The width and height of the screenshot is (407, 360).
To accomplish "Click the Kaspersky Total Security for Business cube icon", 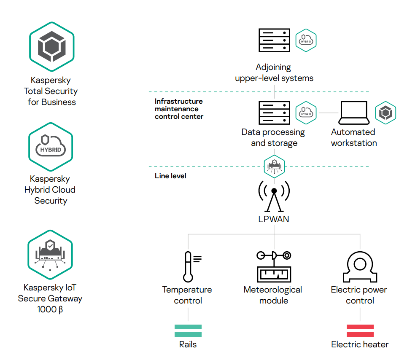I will [x=51, y=47].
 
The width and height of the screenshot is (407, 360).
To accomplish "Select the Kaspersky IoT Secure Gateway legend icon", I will [x=50, y=254].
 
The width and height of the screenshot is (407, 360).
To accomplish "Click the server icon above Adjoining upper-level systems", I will [x=274, y=40].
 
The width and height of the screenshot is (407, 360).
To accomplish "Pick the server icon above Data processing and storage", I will [x=274, y=113].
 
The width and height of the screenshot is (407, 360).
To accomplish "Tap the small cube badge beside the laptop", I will [x=385, y=113].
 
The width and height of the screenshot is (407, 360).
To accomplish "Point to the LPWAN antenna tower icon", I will [x=274, y=196].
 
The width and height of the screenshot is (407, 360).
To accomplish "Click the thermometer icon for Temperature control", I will [x=189, y=266].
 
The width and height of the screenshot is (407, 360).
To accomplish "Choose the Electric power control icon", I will [x=360, y=266].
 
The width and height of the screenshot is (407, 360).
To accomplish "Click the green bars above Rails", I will [x=188, y=330].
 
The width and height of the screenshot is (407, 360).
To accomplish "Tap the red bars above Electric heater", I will [x=360, y=330].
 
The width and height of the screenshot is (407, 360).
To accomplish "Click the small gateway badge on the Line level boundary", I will [x=274, y=166].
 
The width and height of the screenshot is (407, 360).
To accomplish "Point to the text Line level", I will [x=170, y=175].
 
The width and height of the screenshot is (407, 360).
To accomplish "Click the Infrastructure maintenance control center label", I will [x=179, y=109].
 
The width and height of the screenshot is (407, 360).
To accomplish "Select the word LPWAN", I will [x=274, y=219].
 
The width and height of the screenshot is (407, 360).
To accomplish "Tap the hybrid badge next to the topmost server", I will [x=306, y=40].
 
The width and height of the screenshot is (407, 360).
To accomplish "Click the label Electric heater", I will [x=360, y=344].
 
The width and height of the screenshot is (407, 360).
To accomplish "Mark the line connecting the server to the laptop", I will [x=329, y=113].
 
